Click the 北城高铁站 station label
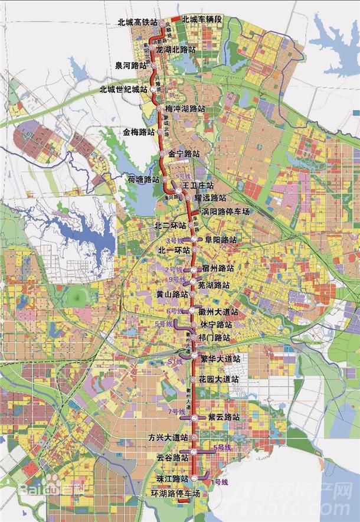pos(138,22)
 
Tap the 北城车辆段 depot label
pos(201,19)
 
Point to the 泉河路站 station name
pos(131,66)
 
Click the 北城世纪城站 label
pos(122,89)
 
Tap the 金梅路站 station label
pos(139,132)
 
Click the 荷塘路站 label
pos(144,179)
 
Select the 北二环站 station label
pos(170,226)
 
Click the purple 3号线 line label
pos(175,241)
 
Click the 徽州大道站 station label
pos(218,312)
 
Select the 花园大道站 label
pos(219,379)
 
